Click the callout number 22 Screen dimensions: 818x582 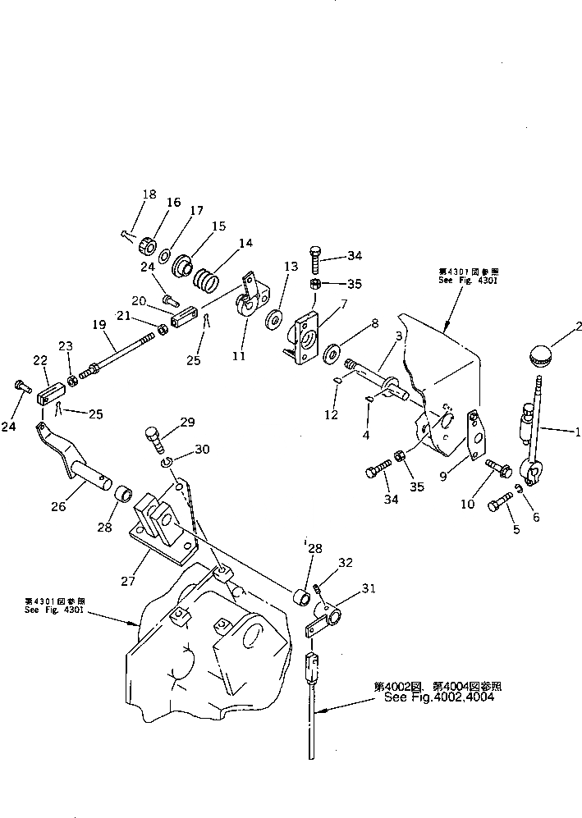(39, 360)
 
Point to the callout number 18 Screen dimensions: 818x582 (149, 194)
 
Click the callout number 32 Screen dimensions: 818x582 (346, 563)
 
